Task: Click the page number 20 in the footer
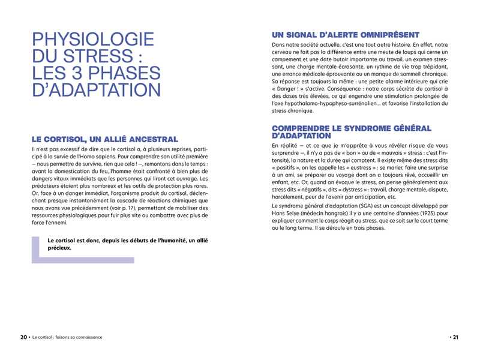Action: point(23,337)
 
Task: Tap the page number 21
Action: point(455,337)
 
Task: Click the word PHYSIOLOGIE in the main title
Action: point(93,41)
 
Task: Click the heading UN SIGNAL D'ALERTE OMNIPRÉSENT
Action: point(345,35)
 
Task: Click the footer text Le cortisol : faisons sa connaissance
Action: point(67,337)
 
